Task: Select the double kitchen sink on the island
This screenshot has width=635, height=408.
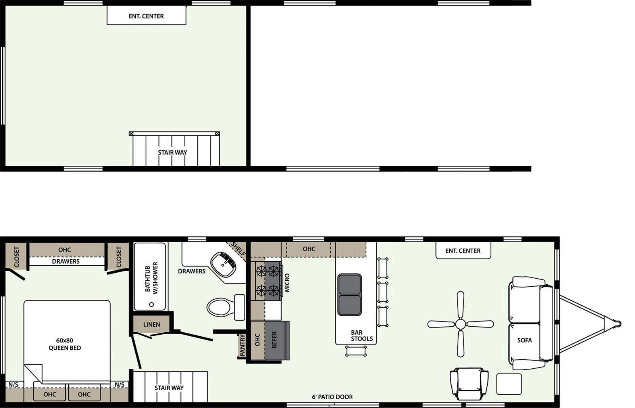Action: coord(350,295)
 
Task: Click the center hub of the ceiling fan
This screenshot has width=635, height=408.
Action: coord(460,324)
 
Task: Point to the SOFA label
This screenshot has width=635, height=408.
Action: coord(524,340)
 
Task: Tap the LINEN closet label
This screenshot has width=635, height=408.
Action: coord(152,324)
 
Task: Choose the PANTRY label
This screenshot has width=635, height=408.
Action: coord(242,345)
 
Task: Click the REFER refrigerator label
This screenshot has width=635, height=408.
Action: coord(274,340)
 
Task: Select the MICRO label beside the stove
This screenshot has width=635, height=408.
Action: coord(287,283)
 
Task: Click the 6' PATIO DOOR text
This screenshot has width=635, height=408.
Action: coord(332,397)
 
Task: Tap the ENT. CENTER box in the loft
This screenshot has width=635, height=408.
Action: coord(146,16)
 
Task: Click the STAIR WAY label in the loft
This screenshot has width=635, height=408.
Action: coord(172,152)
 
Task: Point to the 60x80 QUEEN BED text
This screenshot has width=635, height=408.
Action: coord(65,344)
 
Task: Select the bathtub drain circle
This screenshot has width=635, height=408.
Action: coord(151,305)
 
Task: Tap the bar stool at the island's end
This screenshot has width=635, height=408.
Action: coord(356,351)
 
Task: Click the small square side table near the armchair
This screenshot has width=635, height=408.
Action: coord(509,384)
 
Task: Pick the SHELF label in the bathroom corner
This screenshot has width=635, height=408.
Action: coord(238,249)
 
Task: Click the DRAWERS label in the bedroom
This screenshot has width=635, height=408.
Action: coord(66,261)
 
